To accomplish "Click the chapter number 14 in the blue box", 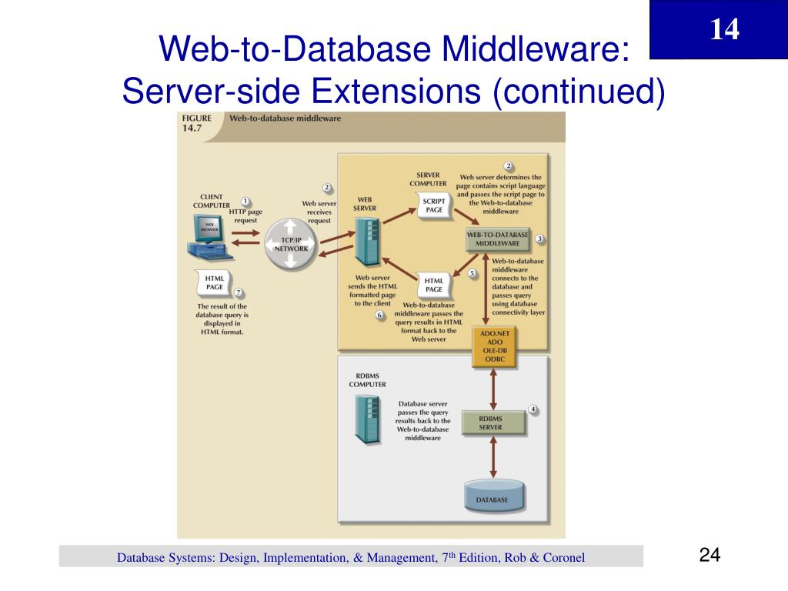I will [x=724, y=29].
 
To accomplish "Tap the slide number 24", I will [x=710, y=556].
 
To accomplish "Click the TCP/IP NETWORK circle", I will [x=290, y=244].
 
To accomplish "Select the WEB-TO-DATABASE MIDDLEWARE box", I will [x=498, y=239].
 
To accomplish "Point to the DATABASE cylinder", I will [x=496, y=496].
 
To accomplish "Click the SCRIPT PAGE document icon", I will [x=434, y=206].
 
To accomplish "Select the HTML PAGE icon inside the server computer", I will [x=434, y=285].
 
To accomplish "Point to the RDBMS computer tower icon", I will [x=367, y=420].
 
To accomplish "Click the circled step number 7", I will [x=239, y=292].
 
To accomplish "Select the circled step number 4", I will [x=533, y=409].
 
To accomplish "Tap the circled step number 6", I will [x=379, y=315].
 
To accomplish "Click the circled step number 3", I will [x=540, y=239].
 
